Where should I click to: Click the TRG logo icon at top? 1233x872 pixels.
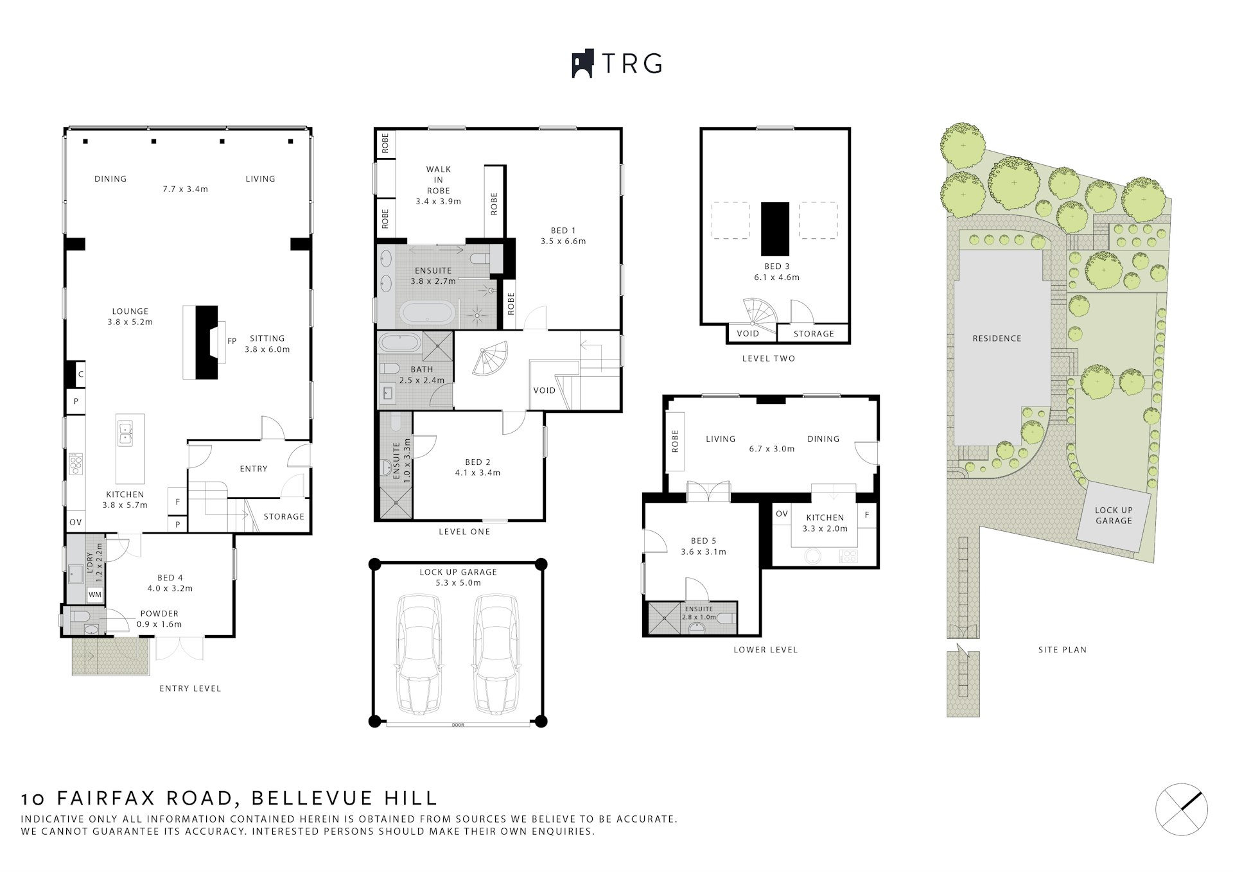point(582,64)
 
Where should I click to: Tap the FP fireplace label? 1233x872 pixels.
point(232,342)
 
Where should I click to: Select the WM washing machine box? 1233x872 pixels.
point(95,595)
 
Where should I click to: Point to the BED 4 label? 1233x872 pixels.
point(170,578)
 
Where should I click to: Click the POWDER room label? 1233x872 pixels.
point(159,614)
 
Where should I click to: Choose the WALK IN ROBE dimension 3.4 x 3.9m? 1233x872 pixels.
point(439,202)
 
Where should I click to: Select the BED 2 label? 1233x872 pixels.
point(478,462)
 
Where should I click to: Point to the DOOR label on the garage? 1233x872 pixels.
point(458,725)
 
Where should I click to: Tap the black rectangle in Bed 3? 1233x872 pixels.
point(775,229)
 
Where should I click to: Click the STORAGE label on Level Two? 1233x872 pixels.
point(814,334)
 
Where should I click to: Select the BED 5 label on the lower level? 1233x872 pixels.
point(703,541)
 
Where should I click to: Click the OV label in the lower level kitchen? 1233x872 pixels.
point(782,514)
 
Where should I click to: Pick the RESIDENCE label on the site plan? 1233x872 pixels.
point(997,338)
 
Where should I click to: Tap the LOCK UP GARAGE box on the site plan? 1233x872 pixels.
point(1114,516)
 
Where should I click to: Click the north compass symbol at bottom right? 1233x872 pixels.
point(1182,810)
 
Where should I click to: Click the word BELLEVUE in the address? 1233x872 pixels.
point(313,798)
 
